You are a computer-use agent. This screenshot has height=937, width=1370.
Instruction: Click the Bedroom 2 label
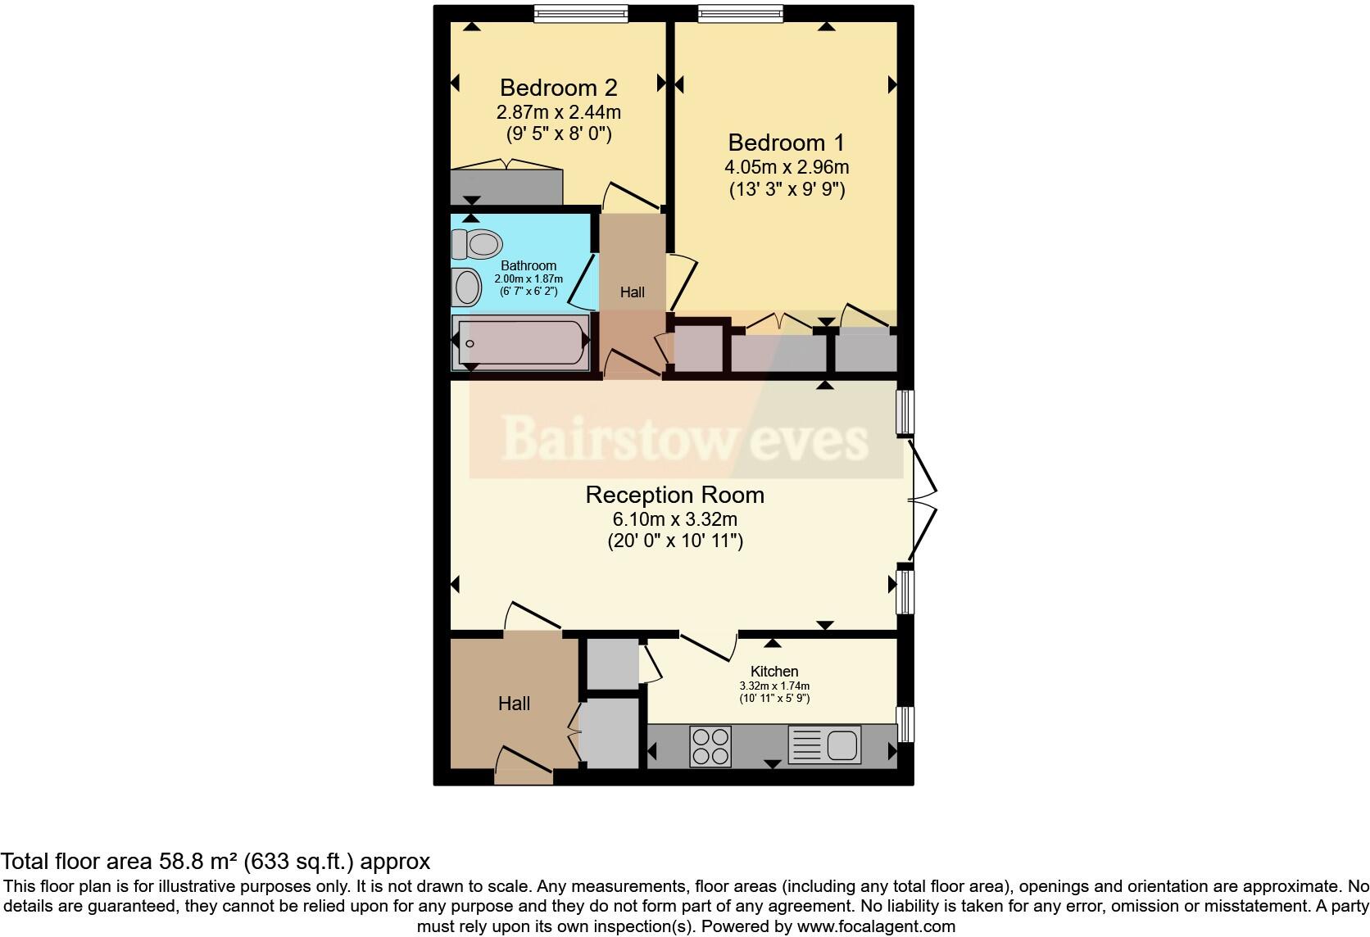(x=558, y=88)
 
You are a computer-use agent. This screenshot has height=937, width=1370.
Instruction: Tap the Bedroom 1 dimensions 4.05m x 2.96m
(x=786, y=167)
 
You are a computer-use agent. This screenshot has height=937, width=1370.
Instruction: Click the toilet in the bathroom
(x=478, y=243)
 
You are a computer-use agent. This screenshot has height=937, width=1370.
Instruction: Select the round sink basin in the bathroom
(x=467, y=287)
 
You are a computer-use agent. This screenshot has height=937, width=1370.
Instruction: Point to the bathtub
(x=522, y=343)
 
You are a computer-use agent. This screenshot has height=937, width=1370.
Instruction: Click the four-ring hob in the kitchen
(x=710, y=746)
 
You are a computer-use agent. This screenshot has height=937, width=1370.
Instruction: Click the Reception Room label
(x=674, y=495)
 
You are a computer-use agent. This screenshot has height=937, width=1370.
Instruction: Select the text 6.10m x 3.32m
(x=674, y=519)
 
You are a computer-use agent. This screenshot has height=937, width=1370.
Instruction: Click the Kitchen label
(x=773, y=671)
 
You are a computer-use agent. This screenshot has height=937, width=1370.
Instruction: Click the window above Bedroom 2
(x=580, y=13)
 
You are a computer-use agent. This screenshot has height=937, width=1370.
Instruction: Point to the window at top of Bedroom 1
(x=740, y=13)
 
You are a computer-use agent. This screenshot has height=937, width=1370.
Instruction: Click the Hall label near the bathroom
(x=632, y=292)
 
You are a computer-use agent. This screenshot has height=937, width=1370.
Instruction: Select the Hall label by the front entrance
(x=514, y=704)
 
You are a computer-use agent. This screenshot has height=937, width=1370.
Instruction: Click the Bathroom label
(x=528, y=265)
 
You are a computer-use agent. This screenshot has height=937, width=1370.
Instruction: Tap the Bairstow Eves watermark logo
(x=685, y=439)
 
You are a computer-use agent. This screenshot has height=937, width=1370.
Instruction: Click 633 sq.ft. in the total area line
(x=296, y=862)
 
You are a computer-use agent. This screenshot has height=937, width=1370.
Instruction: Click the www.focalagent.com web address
(x=876, y=927)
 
